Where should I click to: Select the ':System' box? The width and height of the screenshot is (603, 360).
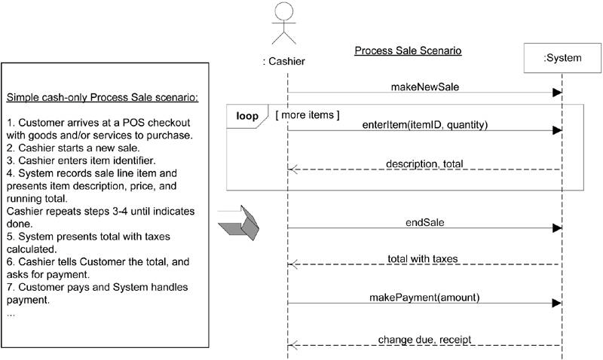click(557, 58)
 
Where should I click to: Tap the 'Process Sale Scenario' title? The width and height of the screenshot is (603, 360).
click(408, 51)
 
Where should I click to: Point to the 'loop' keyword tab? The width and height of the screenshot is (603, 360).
click(247, 116)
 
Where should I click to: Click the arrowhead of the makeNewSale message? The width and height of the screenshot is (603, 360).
click(557, 93)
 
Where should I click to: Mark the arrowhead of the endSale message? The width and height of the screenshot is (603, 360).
click(557, 227)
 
